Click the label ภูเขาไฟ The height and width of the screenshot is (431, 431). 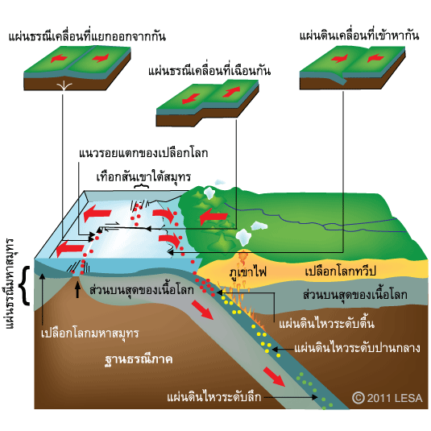[248, 271]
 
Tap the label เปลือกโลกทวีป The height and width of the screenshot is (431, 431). [340, 271]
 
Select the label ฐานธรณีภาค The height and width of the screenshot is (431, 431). [139, 359]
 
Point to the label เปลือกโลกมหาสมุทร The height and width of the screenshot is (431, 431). [90, 334]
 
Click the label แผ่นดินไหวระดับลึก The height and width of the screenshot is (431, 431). [214, 397]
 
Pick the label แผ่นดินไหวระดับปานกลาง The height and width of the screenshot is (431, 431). [357, 348]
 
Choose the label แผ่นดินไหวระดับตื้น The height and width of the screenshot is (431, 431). [326, 323]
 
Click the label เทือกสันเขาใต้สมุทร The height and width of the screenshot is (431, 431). [143, 176]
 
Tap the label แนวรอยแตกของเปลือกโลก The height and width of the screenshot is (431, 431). [143, 153]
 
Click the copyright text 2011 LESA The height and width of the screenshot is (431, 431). [387, 398]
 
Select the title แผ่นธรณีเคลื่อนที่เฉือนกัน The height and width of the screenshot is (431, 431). [209, 70]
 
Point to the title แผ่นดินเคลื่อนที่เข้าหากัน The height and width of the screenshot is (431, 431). [359, 35]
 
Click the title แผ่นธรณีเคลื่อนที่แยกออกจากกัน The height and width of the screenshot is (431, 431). [87, 36]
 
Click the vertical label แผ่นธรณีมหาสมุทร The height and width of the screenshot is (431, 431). [10, 283]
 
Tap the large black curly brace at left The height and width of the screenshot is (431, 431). [25, 286]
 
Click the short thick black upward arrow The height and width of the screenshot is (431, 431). [78, 290]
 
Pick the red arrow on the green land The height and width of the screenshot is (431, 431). [213, 217]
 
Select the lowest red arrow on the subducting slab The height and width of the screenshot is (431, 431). [274, 377]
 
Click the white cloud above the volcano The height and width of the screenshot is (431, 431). [243, 237]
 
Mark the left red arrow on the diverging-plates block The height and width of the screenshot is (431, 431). [59, 58]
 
